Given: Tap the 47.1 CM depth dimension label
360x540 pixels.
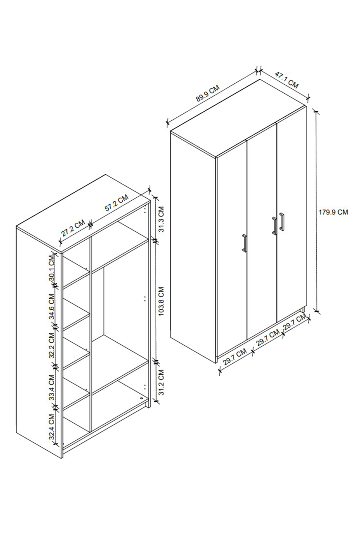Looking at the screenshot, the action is coord(287,79).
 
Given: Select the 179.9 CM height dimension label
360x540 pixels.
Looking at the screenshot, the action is coord(333,212).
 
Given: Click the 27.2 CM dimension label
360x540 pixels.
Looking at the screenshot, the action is coord(73,228).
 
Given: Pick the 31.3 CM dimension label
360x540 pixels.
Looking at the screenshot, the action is coord(161,219).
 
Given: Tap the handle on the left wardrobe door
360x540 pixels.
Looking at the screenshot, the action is coord(244,243).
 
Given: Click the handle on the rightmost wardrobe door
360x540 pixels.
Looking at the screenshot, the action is coord(282,222).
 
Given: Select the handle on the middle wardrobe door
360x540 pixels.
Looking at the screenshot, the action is coord(274,226).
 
